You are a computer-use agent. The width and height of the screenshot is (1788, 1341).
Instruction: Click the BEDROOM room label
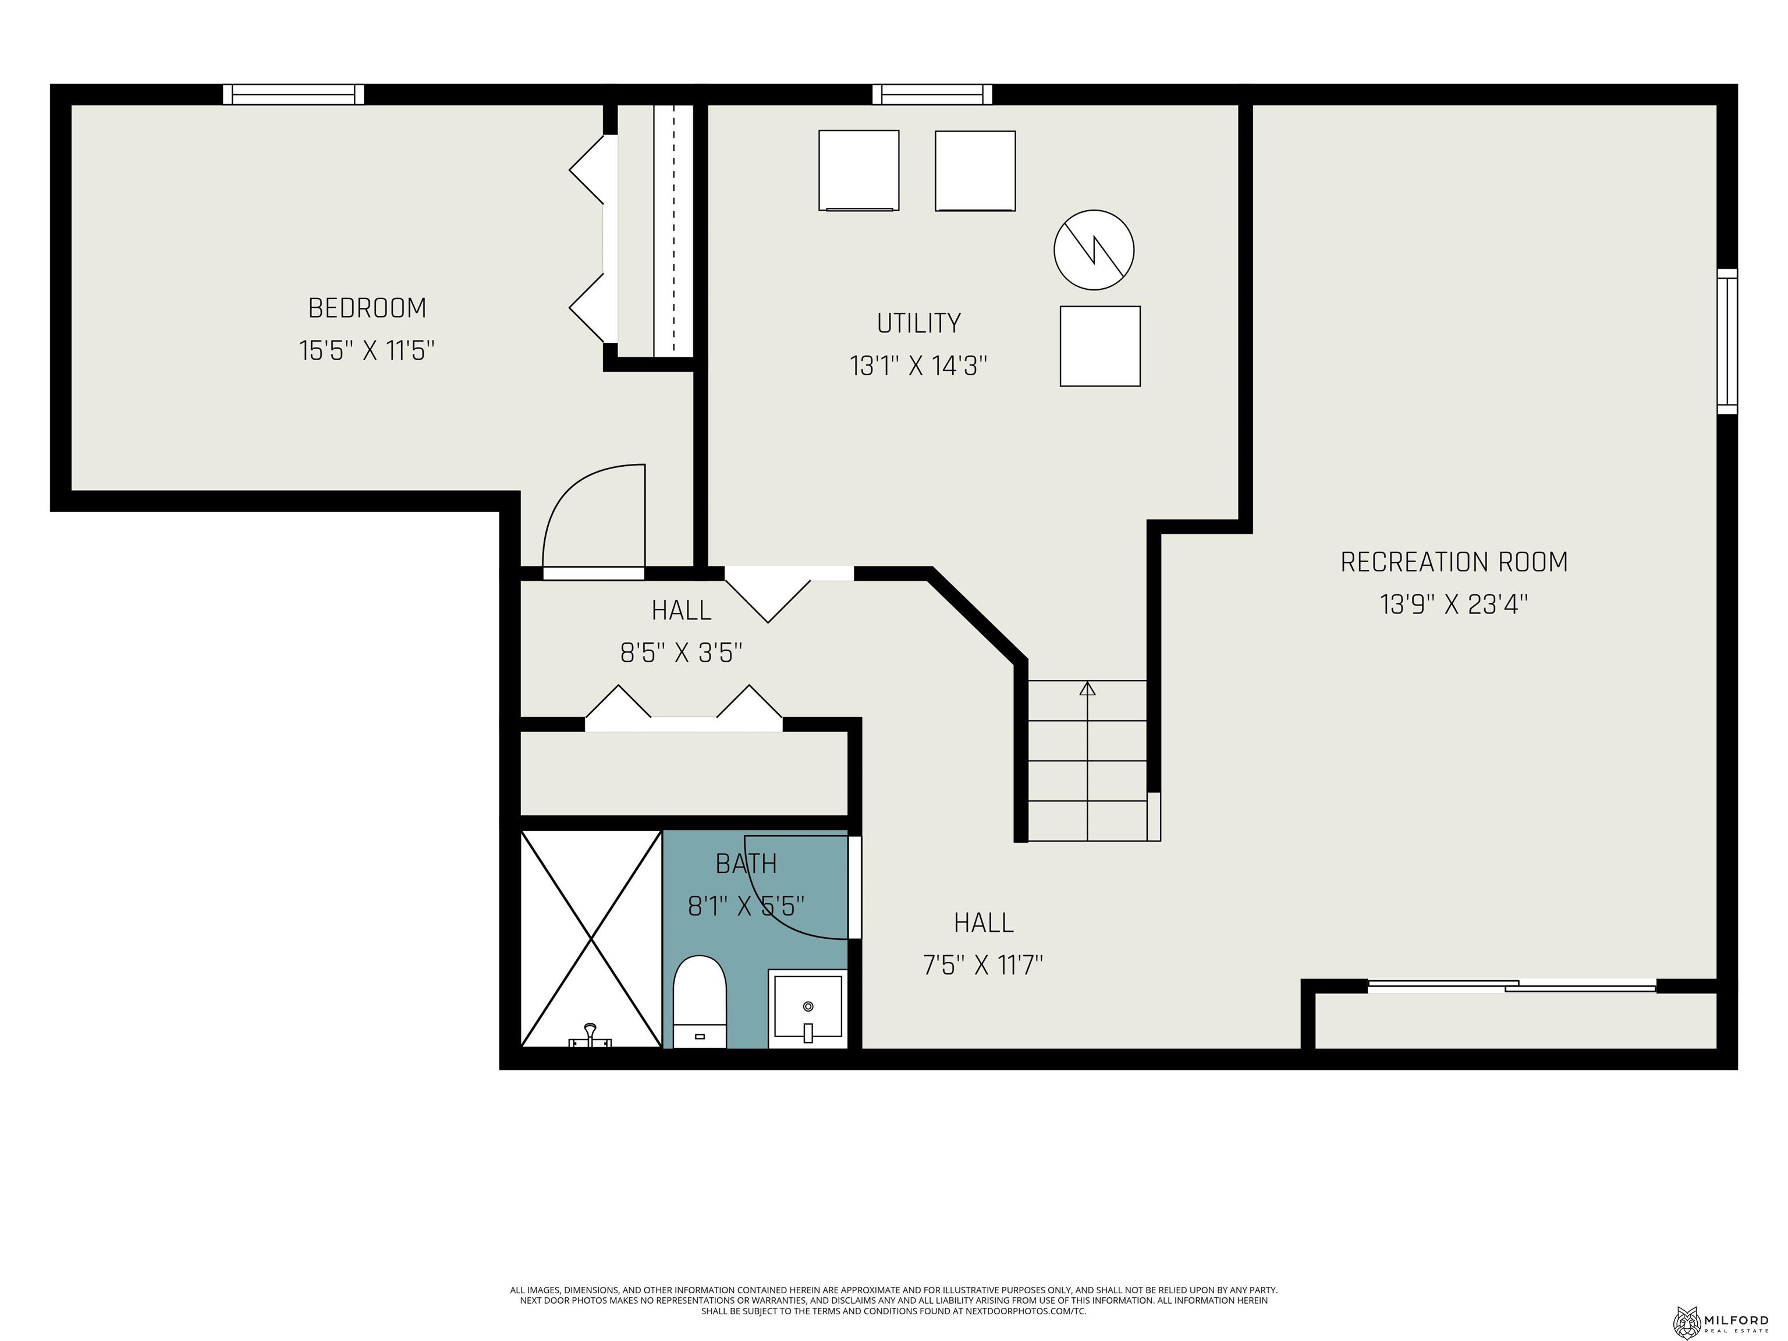367,308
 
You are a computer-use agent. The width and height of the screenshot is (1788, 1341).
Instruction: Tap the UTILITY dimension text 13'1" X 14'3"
918,366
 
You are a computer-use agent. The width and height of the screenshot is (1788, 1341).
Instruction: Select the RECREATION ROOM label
1453,562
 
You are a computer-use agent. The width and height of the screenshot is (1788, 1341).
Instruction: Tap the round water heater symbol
1094,250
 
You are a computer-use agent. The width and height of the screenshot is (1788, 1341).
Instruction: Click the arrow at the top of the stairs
1087,689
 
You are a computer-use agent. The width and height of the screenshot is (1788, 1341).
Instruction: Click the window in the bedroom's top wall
293,94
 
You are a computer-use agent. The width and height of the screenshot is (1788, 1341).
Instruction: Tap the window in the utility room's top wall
932,94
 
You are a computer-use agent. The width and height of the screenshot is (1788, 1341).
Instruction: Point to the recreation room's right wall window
1726,341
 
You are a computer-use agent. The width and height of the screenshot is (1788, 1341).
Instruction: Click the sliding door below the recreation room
1512,986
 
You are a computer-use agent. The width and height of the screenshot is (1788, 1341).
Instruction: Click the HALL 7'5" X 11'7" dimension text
983,964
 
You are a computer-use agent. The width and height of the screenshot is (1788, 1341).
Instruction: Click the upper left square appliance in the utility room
858,171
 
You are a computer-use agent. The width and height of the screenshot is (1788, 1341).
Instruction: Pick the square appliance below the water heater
1099,346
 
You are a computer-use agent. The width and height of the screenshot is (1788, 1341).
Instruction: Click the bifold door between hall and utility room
768,594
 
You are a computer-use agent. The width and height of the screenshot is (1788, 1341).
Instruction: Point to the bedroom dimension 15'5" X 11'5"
367,351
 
